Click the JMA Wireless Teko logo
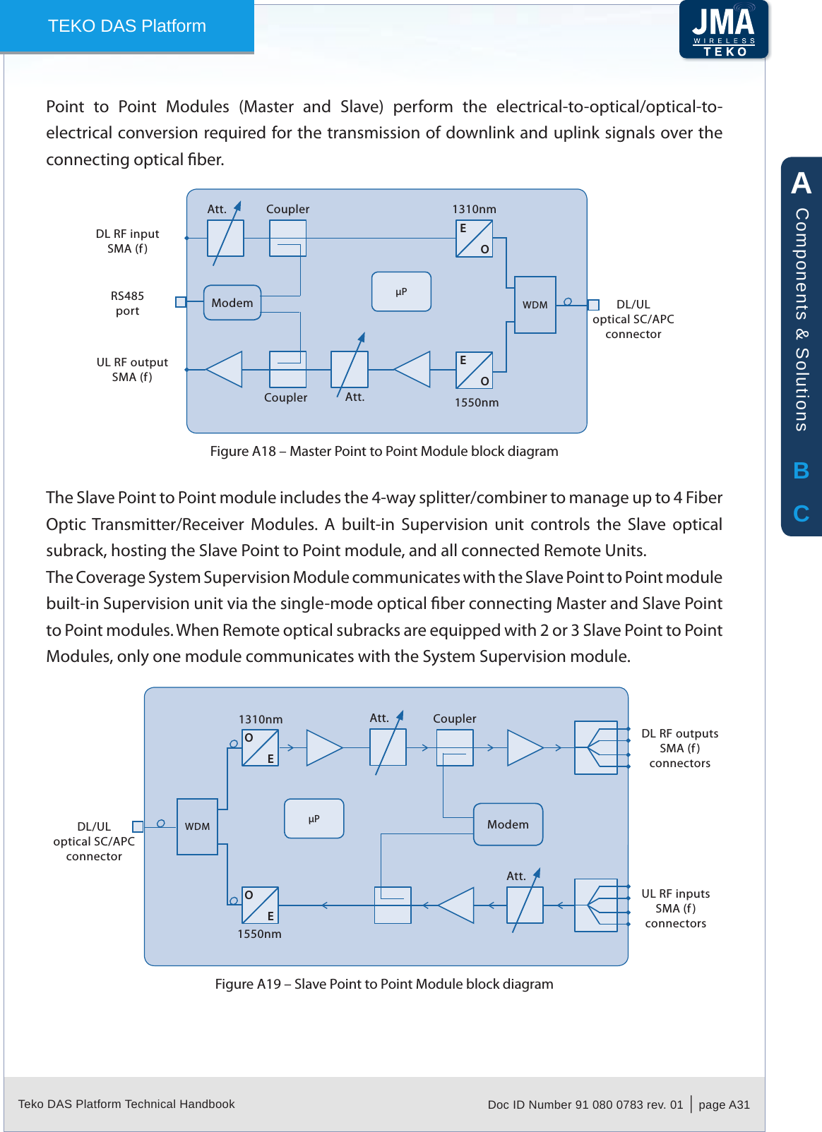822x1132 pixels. pos(724,30)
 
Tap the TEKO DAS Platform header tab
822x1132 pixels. pos(127,26)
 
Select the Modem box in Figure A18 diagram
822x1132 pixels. pos(232,303)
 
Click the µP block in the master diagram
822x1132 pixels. pos(401,291)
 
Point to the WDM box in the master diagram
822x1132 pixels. pos(535,305)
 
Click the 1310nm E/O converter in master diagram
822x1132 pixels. pos(474,239)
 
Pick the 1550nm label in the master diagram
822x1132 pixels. pos(477,402)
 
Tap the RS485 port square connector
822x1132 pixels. pos(181,302)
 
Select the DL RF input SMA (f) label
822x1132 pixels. pos(127,241)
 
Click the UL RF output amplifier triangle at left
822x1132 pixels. pos(225,369)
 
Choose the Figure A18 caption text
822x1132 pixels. pos(384,451)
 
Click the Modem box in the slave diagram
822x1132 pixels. pos(508,824)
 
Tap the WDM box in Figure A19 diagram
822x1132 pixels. pos(197,826)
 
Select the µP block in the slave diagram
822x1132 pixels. pos(314,819)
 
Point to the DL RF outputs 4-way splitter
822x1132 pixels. pos(596,747)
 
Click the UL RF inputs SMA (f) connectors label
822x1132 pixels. pos(676,908)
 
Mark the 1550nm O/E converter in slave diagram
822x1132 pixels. pos(260,905)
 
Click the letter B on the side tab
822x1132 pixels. pos(801,471)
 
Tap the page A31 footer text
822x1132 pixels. pos(724,1104)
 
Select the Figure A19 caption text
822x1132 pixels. pos(384,984)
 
